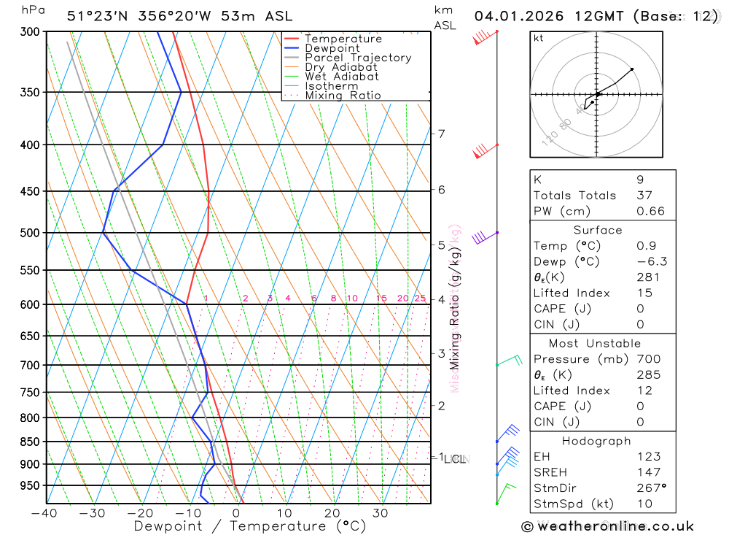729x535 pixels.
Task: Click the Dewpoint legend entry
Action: (x=332, y=48)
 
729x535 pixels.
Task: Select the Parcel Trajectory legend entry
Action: (x=358, y=58)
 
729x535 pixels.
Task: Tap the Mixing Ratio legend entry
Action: (x=343, y=96)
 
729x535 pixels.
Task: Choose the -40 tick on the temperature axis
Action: (x=44, y=513)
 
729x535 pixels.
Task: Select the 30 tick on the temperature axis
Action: (x=380, y=513)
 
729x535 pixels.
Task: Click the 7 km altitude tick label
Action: (x=442, y=134)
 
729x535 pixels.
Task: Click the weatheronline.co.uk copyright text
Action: (x=607, y=526)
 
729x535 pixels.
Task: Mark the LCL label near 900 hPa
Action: (x=456, y=459)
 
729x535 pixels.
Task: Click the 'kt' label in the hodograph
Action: (x=539, y=38)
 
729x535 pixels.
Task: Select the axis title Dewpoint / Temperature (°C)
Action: (x=250, y=526)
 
